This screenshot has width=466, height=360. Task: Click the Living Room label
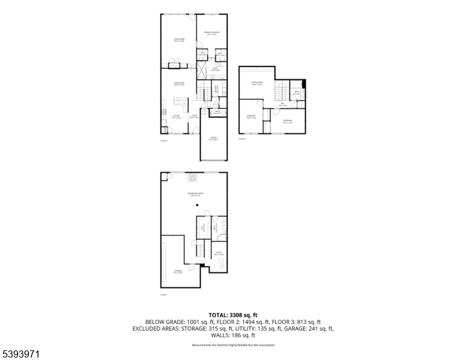coord(178,40)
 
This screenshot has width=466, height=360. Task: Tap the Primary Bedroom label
coord(211,32)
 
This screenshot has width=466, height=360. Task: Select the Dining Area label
coord(178,83)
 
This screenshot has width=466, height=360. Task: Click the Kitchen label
coord(177,116)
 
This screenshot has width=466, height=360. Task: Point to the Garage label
coord(213,139)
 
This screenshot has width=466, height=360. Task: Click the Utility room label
coord(219,253)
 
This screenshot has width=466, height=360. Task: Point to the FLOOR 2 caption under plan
coord(163,140)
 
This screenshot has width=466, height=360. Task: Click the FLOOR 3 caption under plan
coord(242,139)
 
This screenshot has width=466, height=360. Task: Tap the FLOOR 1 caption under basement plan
coord(163,295)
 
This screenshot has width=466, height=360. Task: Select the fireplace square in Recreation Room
coord(193,177)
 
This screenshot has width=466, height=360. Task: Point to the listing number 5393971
coord(21,354)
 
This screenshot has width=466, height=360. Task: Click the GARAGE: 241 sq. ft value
coord(309,328)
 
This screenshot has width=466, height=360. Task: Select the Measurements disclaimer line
coord(233,346)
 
